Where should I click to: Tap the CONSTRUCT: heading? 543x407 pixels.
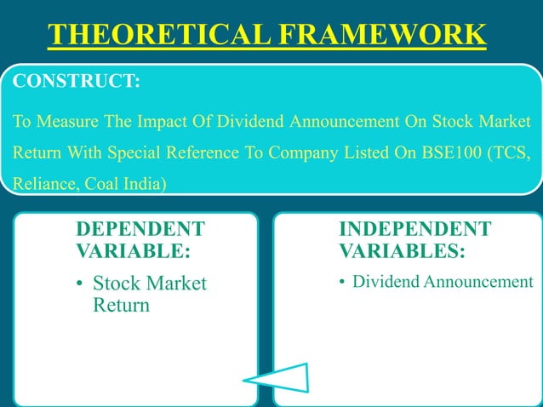(x=73, y=82)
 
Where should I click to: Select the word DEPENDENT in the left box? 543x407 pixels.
(x=140, y=230)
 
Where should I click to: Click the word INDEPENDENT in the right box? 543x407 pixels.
(x=414, y=230)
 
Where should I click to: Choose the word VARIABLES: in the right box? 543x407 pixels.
(x=402, y=252)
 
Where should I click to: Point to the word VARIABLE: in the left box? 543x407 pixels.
(x=133, y=252)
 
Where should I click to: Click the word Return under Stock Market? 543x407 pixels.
(x=121, y=305)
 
